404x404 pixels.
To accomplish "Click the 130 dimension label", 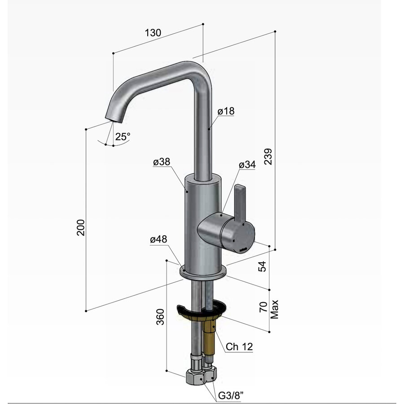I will [x=153, y=32].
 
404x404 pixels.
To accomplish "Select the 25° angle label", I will [x=122, y=137].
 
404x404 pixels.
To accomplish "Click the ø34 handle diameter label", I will [x=246, y=165].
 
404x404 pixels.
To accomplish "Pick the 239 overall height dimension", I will [x=268, y=157].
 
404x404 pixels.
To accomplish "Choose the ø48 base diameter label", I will [x=158, y=240].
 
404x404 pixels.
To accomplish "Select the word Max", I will [x=275, y=309].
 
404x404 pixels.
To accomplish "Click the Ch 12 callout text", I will [x=239, y=347].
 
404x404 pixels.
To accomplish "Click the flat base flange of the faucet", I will [x=203, y=271].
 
